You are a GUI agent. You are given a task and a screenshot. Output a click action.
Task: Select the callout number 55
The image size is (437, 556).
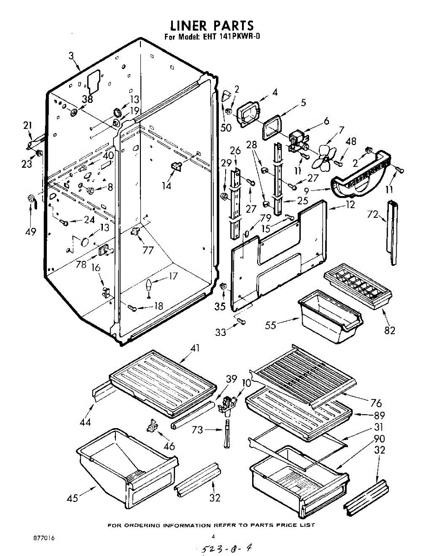(x=271, y=325)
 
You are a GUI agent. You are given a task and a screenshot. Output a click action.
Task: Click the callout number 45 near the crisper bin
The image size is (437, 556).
(x=72, y=498)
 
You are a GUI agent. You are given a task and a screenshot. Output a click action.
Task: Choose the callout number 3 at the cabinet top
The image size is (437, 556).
(x=71, y=56)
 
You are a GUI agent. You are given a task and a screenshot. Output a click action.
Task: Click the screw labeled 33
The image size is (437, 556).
(x=240, y=321)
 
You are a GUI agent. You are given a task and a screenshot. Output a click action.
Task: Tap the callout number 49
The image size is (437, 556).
(x=30, y=232)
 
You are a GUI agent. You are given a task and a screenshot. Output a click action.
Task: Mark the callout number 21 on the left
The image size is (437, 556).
(x=28, y=126)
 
